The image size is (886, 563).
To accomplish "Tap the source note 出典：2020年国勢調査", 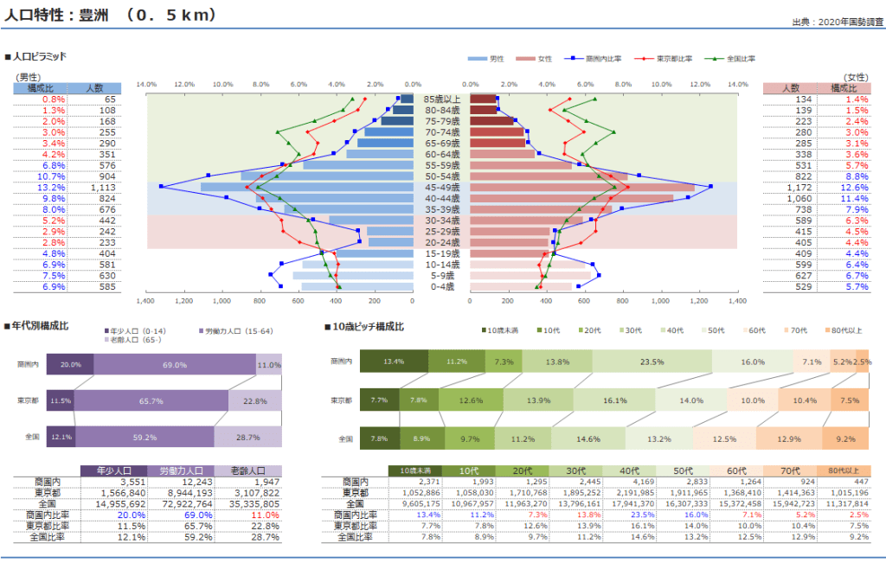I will point(834,22).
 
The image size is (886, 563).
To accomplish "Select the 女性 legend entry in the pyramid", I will point(538,59).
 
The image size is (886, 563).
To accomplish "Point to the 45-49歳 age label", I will point(441,188).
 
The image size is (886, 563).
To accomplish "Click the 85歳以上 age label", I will point(441,99).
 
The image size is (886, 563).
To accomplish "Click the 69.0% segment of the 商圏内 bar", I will point(175,365).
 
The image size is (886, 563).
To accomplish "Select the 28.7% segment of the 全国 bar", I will point(248,438).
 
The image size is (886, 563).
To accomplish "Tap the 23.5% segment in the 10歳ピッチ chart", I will point(652,361).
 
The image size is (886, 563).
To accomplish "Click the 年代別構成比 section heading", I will point(41,326).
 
